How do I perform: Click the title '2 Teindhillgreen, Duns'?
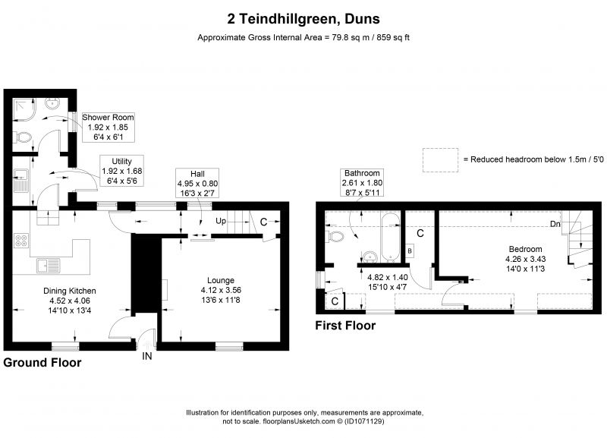303,17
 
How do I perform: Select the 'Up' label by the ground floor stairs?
221,222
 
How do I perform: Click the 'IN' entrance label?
146,355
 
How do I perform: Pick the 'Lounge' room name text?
221,280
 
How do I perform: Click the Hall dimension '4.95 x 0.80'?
197,183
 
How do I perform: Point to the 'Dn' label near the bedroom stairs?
555,224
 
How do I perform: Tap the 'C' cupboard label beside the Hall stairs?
263,222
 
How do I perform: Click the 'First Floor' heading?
345,326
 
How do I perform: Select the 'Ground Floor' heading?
42,363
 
